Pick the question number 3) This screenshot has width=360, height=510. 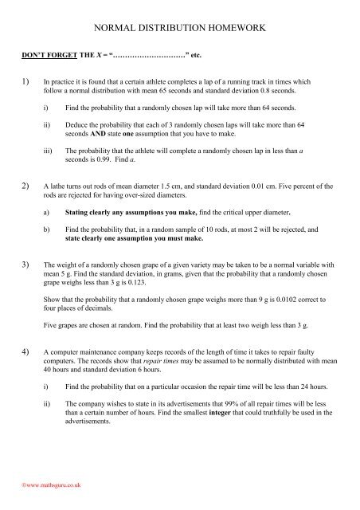26,284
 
